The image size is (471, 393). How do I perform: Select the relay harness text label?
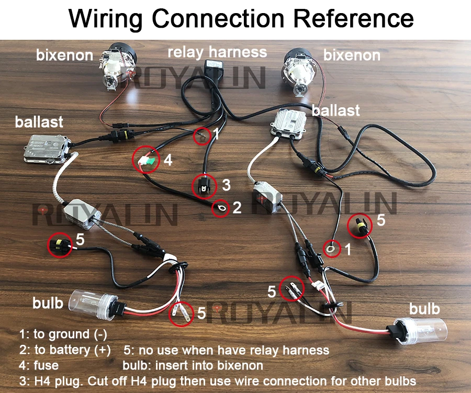pos(217,52)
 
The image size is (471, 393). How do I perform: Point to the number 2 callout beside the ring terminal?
pos(237,208)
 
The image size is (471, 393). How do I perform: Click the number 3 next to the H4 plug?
pos(226,185)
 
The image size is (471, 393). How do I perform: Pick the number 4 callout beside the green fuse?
pos(168,160)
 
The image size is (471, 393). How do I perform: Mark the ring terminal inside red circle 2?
pos(220,209)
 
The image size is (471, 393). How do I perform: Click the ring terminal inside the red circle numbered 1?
pos(331,248)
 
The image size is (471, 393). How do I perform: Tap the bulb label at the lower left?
pos(48,303)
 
